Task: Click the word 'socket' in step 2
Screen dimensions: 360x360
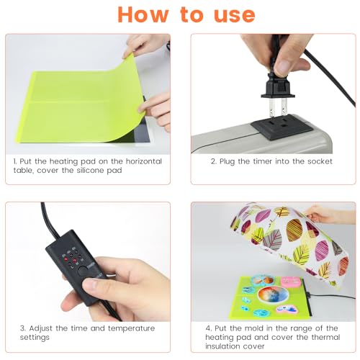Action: click(x=318, y=161)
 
